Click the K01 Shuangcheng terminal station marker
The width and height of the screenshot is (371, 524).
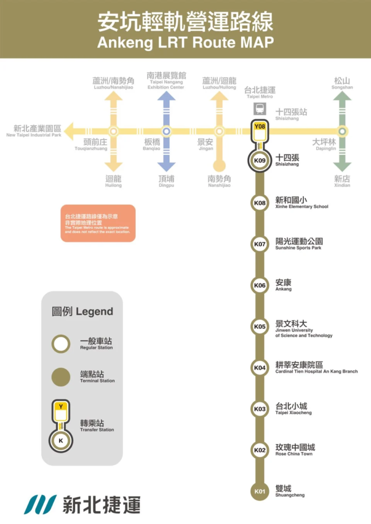(x=260, y=491)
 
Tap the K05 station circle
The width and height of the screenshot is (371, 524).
(x=260, y=327)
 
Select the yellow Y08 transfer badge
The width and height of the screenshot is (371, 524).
(x=260, y=126)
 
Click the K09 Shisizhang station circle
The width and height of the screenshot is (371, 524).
(x=260, y=161)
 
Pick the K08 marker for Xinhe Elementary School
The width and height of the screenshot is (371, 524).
(x=260, y=203)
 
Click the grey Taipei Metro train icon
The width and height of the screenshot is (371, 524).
(x=260, y=108)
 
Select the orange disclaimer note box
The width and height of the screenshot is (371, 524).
(x=98, y=223)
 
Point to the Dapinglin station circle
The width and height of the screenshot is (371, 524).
(x=342, y=131)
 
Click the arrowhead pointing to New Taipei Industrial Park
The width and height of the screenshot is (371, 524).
(x=70, y=131)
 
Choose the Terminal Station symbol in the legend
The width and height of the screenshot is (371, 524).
(x=61, y=377)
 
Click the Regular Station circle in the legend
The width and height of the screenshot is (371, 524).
(x=61, y=344)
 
